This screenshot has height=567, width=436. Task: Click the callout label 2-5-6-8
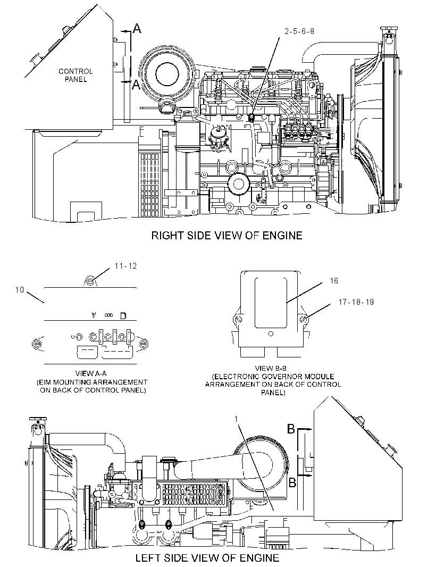[299, 31]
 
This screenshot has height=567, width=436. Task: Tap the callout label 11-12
[126, 266]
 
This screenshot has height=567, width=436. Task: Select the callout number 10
[20, 290]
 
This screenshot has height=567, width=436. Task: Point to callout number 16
[334, 281]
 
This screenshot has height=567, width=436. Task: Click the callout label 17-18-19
[356, 302]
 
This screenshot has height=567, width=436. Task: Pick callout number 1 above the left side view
[236, 419]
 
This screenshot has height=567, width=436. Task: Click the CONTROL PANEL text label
[76, 75]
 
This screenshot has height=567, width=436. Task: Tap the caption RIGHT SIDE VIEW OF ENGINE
[227, 236]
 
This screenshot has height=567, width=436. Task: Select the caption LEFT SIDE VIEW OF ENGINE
[207, 557]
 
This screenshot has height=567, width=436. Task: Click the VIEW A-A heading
[91, 373]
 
